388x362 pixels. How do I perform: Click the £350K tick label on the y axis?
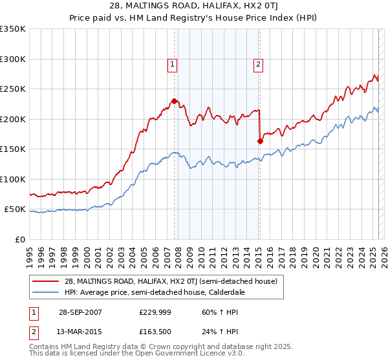click(x=13, y=29)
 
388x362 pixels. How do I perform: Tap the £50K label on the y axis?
click(x=15, y=209)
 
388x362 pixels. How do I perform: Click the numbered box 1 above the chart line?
click(x=173, y=64)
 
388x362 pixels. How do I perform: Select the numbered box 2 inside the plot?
click(x=258, y=64)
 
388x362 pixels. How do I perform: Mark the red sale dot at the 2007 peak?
click(x=175, y=101)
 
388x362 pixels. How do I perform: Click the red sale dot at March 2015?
click(x=260, y=141)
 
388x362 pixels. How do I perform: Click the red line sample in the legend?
click(x=45, y=281)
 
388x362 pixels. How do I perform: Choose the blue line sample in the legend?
click(x=45, y=292)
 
